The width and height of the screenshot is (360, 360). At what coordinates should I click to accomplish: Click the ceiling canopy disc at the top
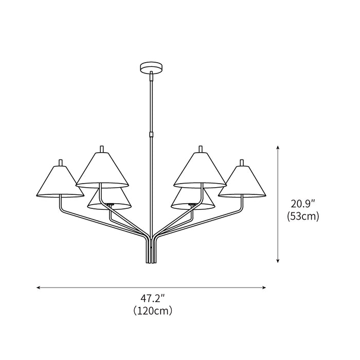(151, 67)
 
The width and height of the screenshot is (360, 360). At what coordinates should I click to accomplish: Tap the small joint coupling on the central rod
(151, 135)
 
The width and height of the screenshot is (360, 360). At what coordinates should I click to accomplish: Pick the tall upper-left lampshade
(102, 170)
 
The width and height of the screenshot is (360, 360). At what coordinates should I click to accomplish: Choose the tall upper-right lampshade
(200, 170)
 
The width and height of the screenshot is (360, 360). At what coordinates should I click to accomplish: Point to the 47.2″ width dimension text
(152, 297)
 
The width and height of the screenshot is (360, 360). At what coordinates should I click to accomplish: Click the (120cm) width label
(152, 311)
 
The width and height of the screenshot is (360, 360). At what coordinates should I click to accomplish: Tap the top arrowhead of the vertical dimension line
(278, 148)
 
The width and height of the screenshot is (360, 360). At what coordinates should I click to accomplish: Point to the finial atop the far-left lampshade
(61, 163)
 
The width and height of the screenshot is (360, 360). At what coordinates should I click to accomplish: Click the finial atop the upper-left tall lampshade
(102, 149)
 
